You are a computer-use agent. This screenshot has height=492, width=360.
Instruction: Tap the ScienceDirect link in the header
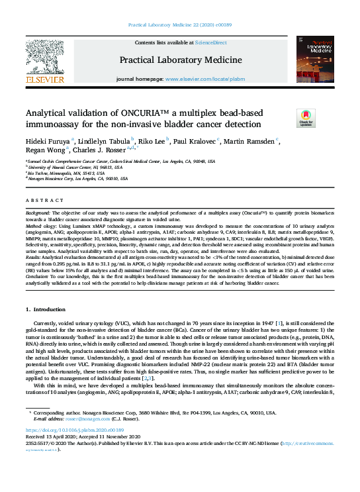[x=211, y=42]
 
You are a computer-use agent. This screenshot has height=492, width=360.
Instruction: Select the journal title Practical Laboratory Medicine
[x=180, y=60]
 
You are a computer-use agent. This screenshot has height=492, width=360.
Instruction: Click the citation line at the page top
[x=180, y=25]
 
